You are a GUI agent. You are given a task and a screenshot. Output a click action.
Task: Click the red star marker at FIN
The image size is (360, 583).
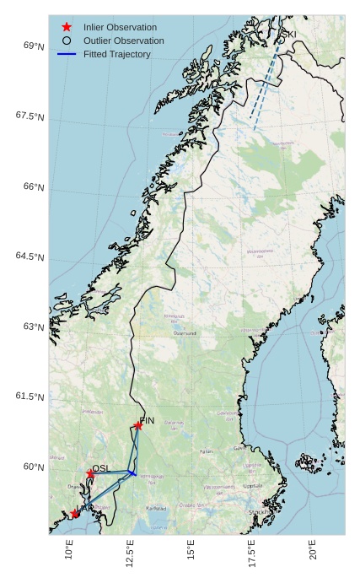138,425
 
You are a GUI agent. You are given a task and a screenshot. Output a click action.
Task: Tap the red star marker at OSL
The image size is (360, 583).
90,473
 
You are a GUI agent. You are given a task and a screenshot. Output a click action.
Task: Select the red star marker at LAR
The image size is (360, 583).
75,513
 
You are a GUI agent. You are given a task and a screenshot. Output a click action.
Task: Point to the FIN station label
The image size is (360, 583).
148,420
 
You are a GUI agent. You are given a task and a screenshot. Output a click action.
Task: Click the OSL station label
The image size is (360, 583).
100,468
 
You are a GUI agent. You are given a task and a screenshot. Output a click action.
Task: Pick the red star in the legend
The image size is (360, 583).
67,27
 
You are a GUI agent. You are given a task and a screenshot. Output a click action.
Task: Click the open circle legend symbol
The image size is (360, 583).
67,40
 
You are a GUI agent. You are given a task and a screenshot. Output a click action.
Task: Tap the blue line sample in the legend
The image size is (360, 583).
67,54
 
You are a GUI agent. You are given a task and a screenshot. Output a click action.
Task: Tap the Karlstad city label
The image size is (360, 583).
156,509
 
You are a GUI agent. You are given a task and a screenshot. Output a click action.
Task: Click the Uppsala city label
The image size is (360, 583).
252,486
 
